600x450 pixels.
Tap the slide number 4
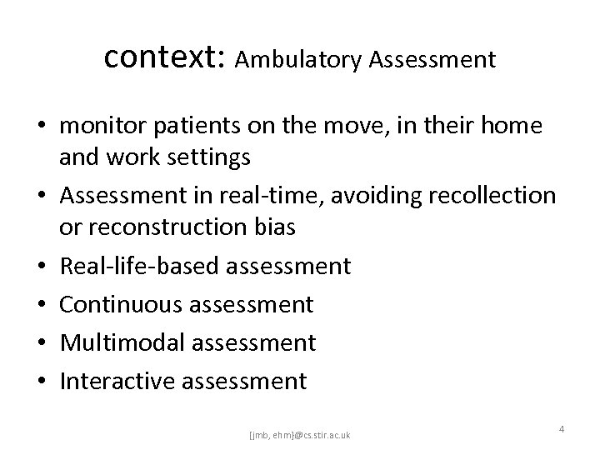click(x=562, y=428)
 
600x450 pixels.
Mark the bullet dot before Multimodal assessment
click(x=42, y=343)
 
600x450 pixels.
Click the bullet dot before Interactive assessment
click(x=42, y=382)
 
